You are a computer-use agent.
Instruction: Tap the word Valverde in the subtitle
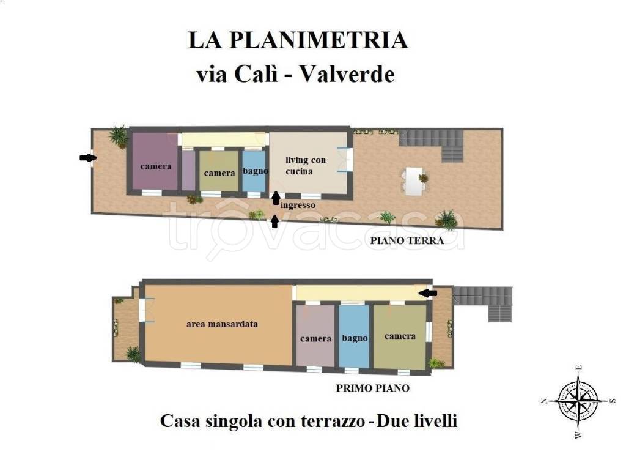(347, 74)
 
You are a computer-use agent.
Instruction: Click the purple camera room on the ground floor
(155, 161)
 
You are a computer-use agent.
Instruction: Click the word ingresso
(298, 206)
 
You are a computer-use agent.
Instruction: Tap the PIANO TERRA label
(407, 241)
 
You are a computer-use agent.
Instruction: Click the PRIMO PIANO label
(372, 388)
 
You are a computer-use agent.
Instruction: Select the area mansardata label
(222, 324)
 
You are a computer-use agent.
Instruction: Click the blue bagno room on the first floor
(354, 336)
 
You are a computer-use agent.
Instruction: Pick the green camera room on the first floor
(400, 336)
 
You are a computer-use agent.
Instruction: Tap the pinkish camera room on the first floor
(315, 335)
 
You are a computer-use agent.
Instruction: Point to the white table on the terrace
(414, 181)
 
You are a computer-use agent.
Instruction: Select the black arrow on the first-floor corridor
(428, 294)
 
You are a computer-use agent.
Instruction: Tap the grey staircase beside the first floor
(484, 303)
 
